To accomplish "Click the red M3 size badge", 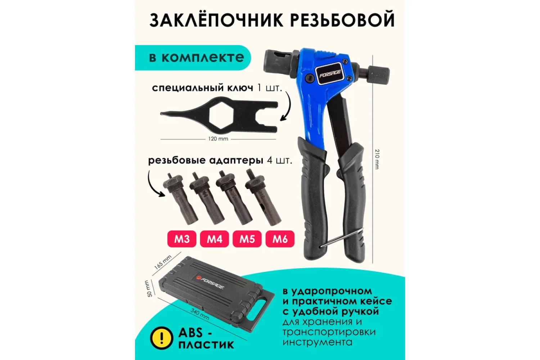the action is pyautogui.click(x=182, y=239).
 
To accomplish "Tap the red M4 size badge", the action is pyautogui.click(x=214, y=239).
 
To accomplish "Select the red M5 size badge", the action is pyautogui.click(x=247, y=239).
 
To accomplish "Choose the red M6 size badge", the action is pyautogui.click(x=280, y=239).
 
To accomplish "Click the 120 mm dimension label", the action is pyautogui.click(x=218, y=139).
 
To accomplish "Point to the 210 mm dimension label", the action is pyautogui.click(x=377, y=159).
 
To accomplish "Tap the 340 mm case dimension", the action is pyautogui.click(x=200, y=314).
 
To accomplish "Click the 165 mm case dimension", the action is pyautogui.click(x=163, y=262).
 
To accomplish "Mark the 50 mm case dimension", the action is pyautogui.click(x=148, y=288).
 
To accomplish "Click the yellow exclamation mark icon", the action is pyautogui.click(x=162, y=338).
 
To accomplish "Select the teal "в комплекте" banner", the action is pyautogui.click(x=193, y=58).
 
